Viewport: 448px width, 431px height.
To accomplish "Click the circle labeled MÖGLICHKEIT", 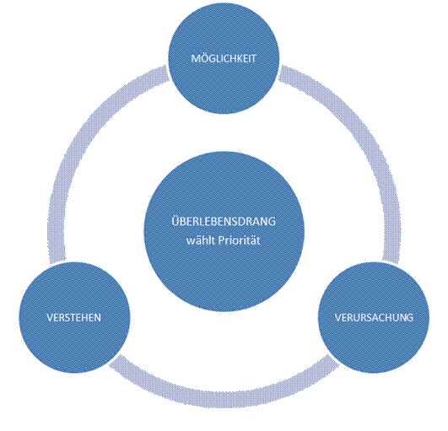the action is tap(224, 58).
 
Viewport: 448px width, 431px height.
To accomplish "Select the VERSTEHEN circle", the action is tap(74, 318).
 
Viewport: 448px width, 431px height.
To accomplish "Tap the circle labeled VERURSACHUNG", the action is tap(374, 318).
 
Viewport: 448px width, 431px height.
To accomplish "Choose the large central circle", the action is tap(224, 231).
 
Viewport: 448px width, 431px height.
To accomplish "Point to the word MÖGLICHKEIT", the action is tap(224, 58).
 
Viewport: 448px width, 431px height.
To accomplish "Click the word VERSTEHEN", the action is tap(74, 318).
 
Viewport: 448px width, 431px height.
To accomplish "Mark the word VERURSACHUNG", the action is tap(374, 318).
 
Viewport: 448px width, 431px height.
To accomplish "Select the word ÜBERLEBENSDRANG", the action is tap(224, 221).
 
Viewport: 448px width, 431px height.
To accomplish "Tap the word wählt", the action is tap(201, 240).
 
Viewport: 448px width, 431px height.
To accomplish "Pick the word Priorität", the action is tap(239, 240).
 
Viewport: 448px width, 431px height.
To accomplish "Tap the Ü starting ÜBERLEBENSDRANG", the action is tap(175, 221).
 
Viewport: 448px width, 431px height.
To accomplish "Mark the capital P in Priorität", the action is tap(221, 240).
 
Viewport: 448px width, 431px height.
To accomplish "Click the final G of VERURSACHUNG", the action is tap(410, 318).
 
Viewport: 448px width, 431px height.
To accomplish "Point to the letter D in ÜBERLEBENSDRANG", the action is tap(246, 222).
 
